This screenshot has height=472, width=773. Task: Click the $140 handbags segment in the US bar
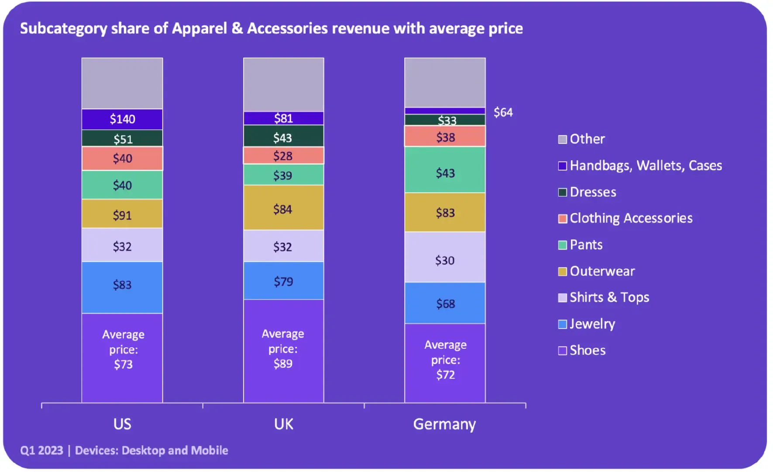[122, 119]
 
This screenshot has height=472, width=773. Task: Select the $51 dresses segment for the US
[122, 138]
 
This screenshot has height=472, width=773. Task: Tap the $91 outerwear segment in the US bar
[122, 214]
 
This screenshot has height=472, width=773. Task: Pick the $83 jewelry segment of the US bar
[122, 288]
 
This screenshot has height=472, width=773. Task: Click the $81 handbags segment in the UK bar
[284, 118]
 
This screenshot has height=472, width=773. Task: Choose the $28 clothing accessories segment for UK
[284, 156]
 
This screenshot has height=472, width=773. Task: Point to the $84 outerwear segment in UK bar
[284, 208]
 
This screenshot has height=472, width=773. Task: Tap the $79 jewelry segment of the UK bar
[284, 281]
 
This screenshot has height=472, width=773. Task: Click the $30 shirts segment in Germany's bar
[445, 257]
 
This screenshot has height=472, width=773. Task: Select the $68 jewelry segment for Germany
[445, 303]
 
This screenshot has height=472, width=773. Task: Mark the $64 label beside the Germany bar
[503, 112]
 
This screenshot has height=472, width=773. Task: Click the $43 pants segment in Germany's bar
[445, 170]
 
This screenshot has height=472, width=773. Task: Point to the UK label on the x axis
[284, 424]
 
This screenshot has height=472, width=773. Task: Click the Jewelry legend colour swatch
[563, 324]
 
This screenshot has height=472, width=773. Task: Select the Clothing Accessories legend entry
[625, 218]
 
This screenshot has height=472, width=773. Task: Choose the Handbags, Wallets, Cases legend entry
[640, 166]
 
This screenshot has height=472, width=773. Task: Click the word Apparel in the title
[199, 28]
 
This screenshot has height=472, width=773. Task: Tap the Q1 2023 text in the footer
[41, 451]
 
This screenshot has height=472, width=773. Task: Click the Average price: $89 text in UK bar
[283, 349]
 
